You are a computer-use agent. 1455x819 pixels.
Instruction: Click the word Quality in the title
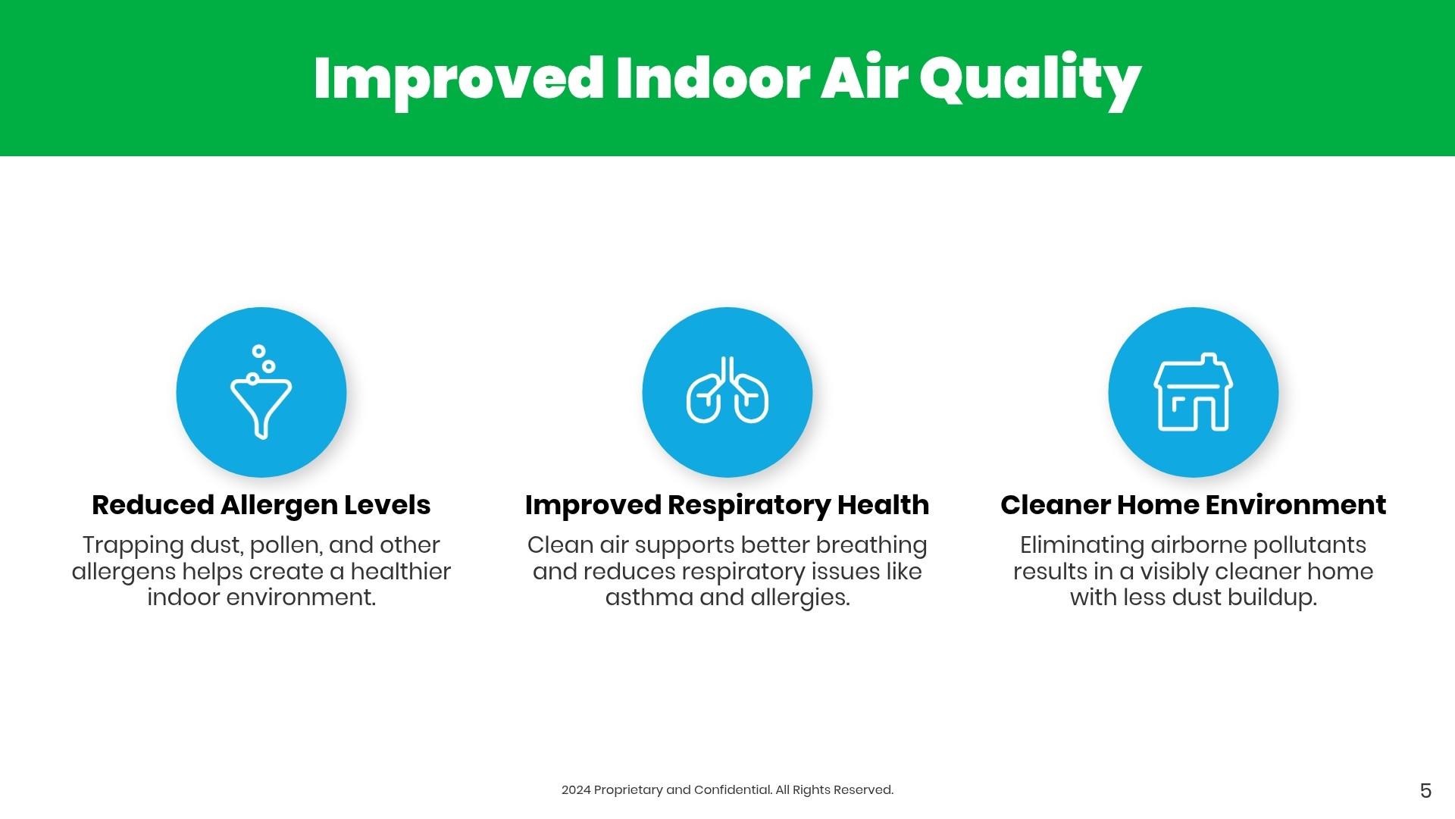1031,81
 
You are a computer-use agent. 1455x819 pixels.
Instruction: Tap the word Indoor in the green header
713,78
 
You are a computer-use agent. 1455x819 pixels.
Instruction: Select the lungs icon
727,389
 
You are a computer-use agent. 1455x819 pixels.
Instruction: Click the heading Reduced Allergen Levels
261,505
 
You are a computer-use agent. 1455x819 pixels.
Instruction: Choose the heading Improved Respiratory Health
727,505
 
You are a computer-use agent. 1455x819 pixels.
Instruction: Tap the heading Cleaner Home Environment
1194,505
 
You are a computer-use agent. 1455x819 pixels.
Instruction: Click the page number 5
1425,791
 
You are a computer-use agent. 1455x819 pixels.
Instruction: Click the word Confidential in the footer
733,790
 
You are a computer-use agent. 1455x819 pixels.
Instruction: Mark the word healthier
401,572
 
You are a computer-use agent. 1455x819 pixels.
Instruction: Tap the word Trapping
133,546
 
